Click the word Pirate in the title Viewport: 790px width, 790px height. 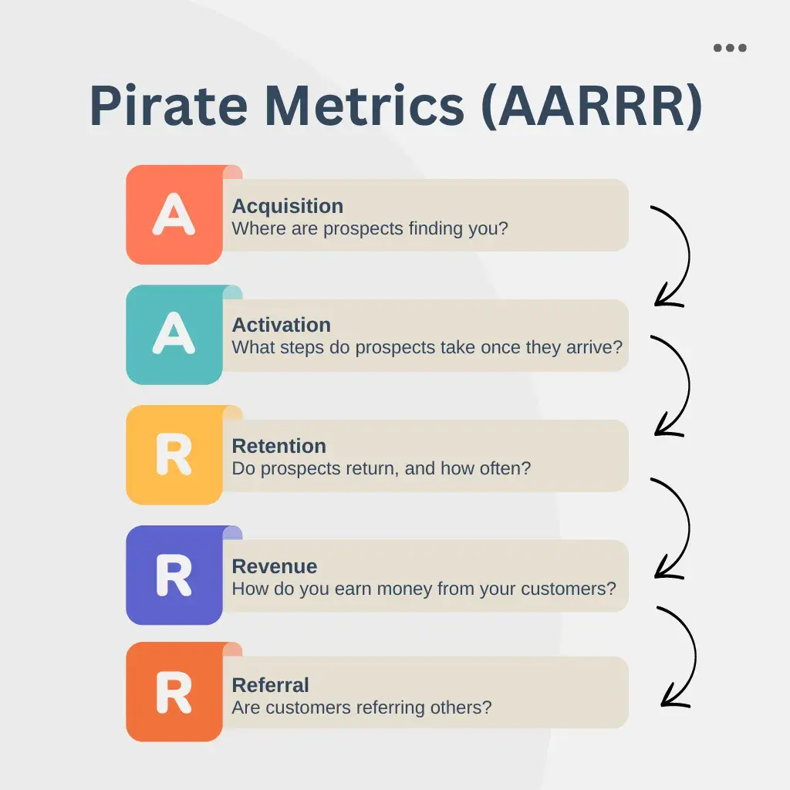[169, 106]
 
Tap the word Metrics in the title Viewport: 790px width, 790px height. [364, 106]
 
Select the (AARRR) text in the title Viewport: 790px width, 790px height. [592, 106]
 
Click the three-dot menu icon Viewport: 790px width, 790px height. [730, 48]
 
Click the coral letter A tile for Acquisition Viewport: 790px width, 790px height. [174, 214]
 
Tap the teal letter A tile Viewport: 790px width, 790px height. [174, 335]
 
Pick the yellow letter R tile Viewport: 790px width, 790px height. [174, 455]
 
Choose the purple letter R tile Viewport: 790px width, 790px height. [174, 575]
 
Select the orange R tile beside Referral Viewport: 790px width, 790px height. [174, 692]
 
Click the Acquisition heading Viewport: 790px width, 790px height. [288, 207]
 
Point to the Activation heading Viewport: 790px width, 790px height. [281, 325]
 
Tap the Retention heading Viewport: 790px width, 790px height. [279, 446]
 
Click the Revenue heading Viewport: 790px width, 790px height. [275, 566]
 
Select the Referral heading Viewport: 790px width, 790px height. [271, 685]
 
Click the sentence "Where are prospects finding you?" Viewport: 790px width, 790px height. [370, 228]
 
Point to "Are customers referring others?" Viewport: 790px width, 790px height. [362, 707]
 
